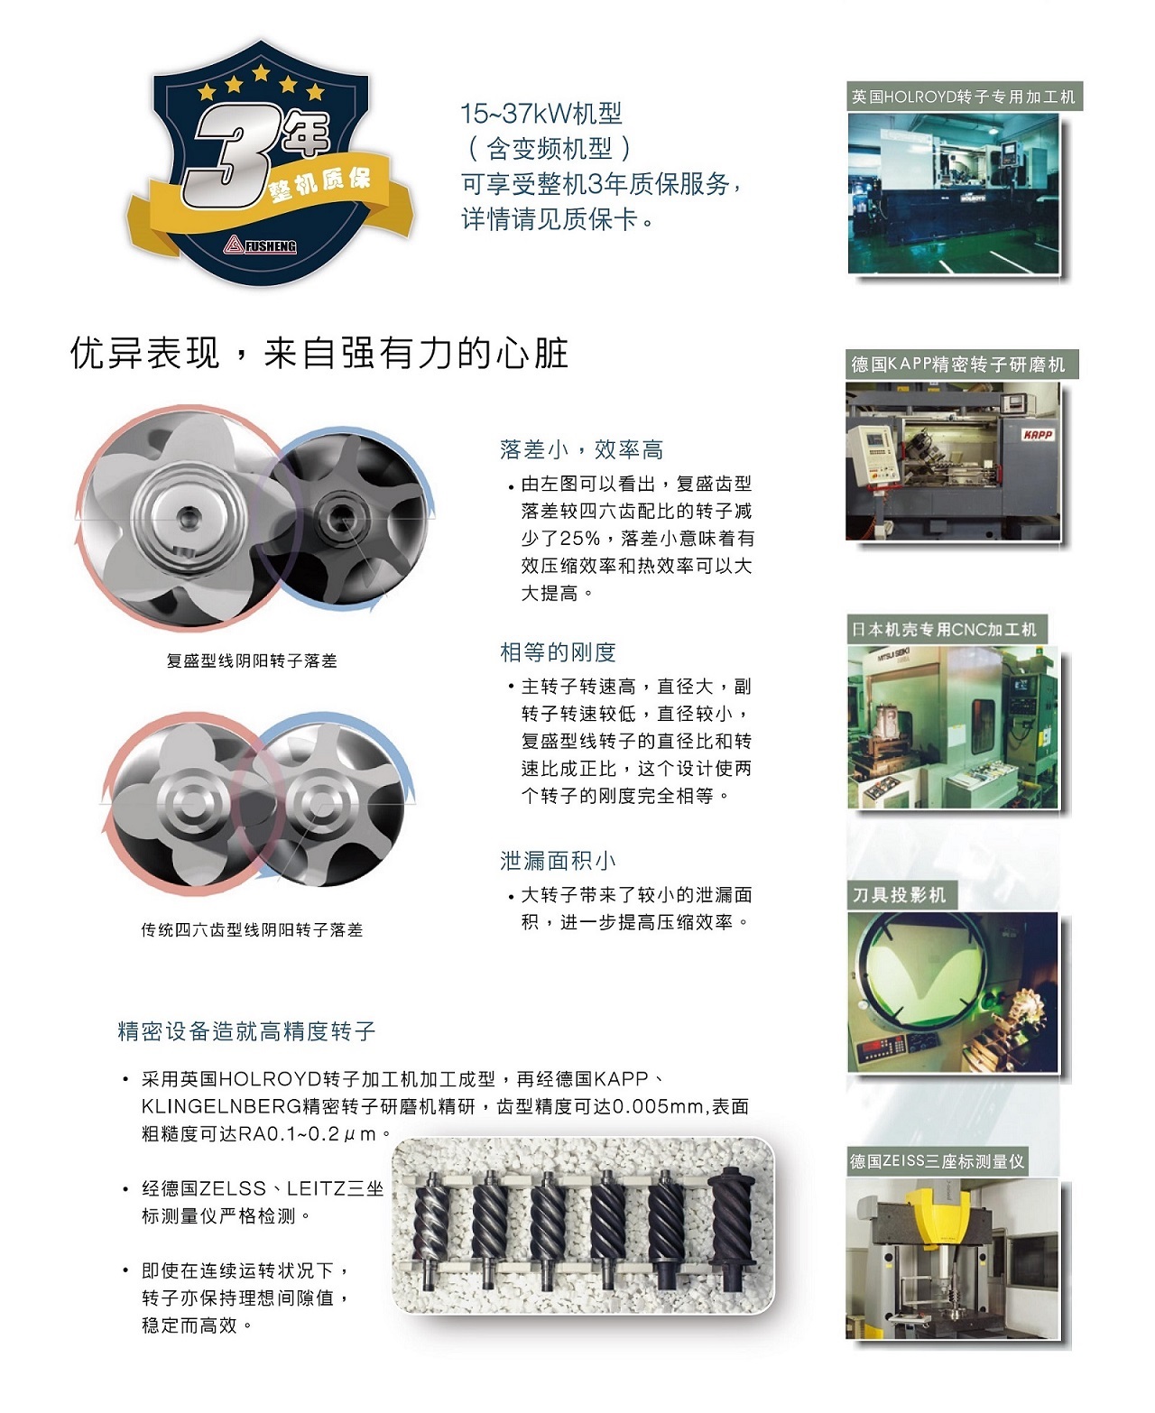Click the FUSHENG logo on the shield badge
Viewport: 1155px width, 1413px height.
point(261,245)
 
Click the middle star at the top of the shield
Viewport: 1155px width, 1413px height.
point(261,72)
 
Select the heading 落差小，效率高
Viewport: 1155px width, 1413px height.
point(581,449)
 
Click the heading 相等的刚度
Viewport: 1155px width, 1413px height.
point(558,651)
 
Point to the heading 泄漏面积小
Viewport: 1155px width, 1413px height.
point(558,861)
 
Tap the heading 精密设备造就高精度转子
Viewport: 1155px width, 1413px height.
point(246,1031)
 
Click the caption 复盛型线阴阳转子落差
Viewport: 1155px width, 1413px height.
point(252,660)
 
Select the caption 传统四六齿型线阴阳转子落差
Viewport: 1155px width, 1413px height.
point(252,929)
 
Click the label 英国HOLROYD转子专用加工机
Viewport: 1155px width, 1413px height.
point(964,97)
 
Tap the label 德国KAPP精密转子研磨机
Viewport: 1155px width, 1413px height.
point(958,365)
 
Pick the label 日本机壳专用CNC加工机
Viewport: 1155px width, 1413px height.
point(944,630)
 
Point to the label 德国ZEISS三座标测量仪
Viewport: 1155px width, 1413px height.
point(937,1161)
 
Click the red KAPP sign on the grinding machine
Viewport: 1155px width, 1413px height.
point(1038,435)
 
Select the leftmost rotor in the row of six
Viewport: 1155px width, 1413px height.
point(431,1227)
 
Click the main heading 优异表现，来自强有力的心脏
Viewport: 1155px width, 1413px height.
point(319,353)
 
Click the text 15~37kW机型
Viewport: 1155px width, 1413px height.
point(541,114)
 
